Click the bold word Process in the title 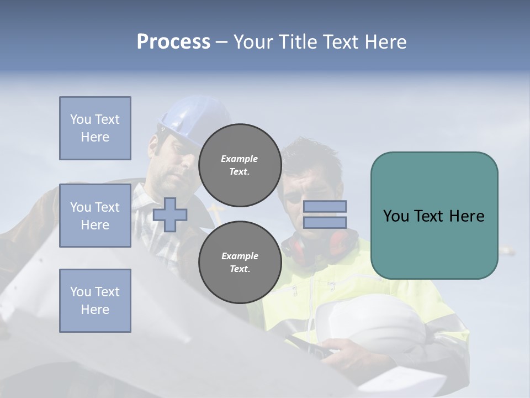(x=173, y=42)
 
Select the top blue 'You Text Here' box (x=95, y=128)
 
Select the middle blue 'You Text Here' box (x=95, y=216)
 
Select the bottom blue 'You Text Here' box (x=95, y=301)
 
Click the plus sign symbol (x=170, y=214)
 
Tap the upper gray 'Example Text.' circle (x=240, y=165)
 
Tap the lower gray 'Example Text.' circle (x=240, y=262)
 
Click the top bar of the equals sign (x=325, y=207)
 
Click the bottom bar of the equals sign (x=325, y=222)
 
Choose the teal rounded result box (x=434, y=216)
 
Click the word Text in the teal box (x=433, y=216)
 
